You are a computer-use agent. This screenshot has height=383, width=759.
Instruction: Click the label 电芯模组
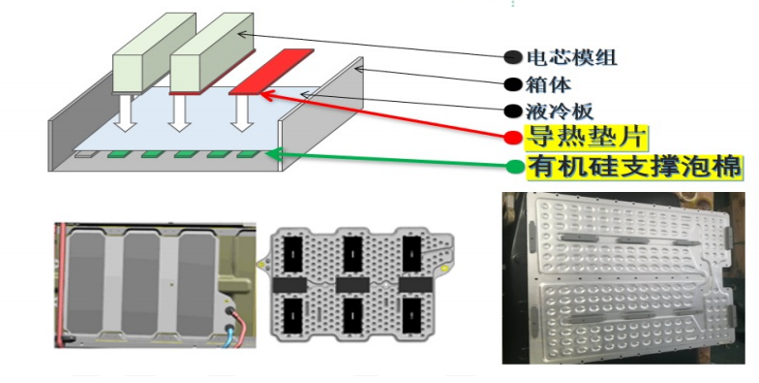571,58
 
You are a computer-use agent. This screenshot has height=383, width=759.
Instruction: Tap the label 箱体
548,85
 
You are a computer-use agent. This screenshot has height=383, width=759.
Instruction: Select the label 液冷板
560,112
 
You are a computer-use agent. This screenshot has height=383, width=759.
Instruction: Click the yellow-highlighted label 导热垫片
587,138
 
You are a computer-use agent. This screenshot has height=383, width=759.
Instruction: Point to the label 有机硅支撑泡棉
634,167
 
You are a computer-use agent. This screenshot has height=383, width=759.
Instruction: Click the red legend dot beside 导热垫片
513,138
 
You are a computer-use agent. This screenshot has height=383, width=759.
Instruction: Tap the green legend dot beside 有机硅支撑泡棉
515,167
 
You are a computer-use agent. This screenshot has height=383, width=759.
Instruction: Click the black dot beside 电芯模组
513,57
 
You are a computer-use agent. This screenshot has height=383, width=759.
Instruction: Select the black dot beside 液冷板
513,112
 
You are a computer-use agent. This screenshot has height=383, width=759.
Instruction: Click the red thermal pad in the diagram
271,72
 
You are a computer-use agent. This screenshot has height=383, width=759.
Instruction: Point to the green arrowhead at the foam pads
273,155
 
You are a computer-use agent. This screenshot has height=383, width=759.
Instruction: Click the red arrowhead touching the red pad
267,94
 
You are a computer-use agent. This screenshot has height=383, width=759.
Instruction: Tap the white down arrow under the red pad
242,112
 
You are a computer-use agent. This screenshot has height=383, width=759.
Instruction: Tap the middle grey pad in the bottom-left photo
140,284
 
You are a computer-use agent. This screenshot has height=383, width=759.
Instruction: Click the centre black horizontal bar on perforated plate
352,285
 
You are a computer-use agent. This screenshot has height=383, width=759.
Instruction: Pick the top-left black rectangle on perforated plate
292,254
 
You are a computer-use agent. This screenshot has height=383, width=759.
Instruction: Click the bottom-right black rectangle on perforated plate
412,315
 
